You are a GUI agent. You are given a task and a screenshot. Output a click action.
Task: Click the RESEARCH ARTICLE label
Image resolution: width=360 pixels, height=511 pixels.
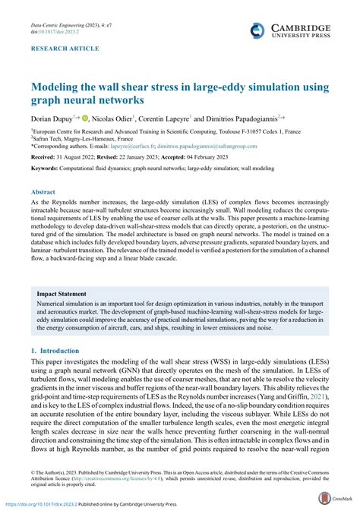(x=65, y=49)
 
